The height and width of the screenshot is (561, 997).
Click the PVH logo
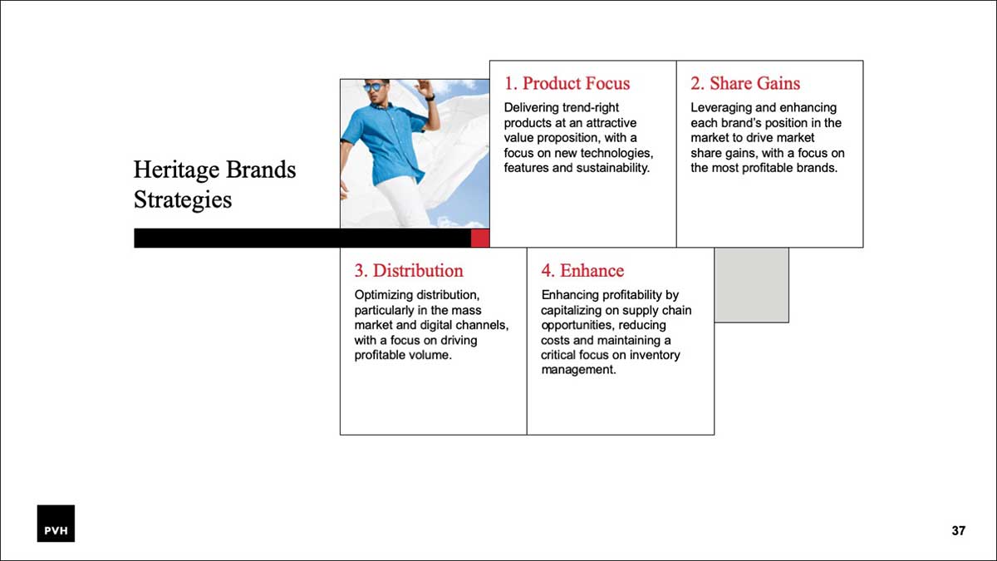coord(56,523)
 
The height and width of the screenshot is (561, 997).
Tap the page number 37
coord(958,530)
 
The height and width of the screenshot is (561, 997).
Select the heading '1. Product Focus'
coord(567,83)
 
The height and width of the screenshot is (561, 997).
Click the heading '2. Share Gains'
coord(745,83)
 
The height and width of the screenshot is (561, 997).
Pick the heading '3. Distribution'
coord(409,271)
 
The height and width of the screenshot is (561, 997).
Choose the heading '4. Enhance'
coord(582,271)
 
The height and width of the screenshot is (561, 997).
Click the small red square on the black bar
coord(480,239)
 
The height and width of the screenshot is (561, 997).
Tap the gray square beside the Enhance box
coord(751,285)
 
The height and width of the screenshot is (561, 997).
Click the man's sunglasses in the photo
coord(375,86)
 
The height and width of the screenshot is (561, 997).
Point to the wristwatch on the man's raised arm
coord(430,96)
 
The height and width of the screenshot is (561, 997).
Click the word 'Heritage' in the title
coord(176,170)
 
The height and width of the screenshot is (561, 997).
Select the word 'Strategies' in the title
coord(183,199)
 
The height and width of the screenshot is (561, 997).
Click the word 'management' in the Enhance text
coord(578,370)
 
